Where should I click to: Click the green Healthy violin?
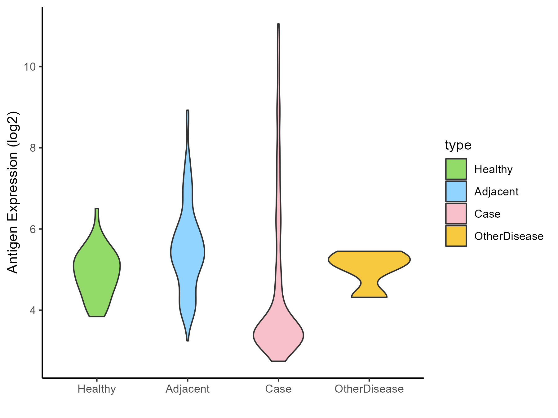[97, 269]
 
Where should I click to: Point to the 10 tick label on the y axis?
[29, 67]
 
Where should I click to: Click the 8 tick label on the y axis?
[32, 148]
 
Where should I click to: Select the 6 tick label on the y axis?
[32, 229]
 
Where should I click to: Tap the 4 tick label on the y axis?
[32, 310]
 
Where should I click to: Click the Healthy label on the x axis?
[97, 389]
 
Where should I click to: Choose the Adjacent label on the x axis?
[188, 389]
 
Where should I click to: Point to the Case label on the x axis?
[278, 389]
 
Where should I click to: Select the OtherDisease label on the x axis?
[369, 389]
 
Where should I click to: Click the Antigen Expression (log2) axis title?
[13, 192]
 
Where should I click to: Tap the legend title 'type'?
[458, 145]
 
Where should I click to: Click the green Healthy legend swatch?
[456, 169]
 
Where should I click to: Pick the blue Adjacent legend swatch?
[456, 191]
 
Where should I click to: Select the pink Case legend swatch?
[456, 214]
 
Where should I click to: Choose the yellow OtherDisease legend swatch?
[456, 236]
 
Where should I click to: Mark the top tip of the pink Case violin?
[278, 25]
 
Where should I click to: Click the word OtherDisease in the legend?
[509, 236]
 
